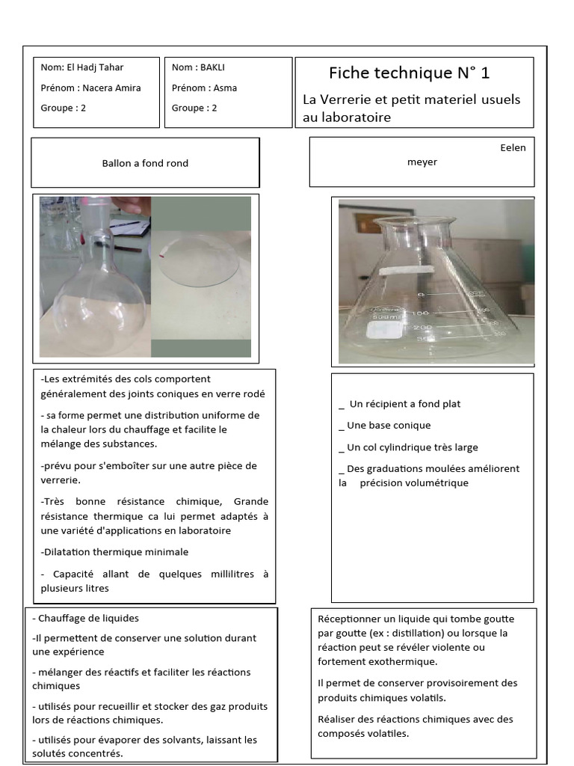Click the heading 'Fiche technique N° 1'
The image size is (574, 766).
(x=409, y=73)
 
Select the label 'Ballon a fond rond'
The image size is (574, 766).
(x=145, y=163)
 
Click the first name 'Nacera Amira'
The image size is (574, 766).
(x=111, y=88)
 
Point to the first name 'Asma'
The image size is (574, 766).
(x=225, y=88)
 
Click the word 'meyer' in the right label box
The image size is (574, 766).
(x=422, y=162)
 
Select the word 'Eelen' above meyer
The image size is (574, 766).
(x=513, y=147)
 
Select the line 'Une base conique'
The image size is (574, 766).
(x=389, y=426)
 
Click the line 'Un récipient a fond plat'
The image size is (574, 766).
(x=404, y=404)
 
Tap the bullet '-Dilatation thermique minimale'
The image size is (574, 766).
(x=114, y=552)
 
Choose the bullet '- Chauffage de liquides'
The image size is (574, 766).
(x=85, y=618)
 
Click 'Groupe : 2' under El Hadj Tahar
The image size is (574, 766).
(x=64, y=108)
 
